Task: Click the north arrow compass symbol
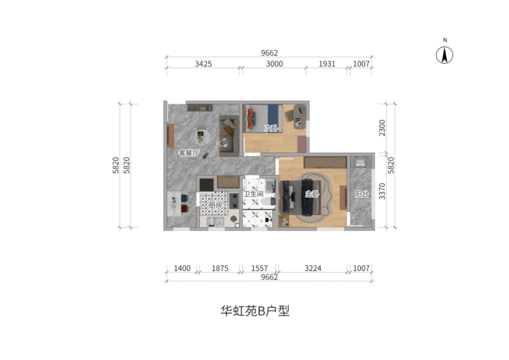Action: [444, 55]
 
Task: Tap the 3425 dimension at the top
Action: [203, 64]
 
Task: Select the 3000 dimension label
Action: [275, 64]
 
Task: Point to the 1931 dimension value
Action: [327, 64]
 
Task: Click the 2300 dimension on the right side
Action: [382, 128]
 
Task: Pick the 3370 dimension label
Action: [382, 191]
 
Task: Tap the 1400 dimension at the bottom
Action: [182, 268]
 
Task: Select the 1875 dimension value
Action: [220, 268]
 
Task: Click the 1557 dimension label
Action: [260, 268]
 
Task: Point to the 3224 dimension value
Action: [313, 268]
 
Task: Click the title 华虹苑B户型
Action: [255, 311]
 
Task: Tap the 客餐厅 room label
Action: [189, 153]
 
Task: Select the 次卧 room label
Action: [271, 128]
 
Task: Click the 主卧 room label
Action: [312, 194]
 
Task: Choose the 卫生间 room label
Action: [253, 194]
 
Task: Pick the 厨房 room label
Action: [215, 205]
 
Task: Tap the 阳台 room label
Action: [361, 194]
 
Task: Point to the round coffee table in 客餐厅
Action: [202, 134]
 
